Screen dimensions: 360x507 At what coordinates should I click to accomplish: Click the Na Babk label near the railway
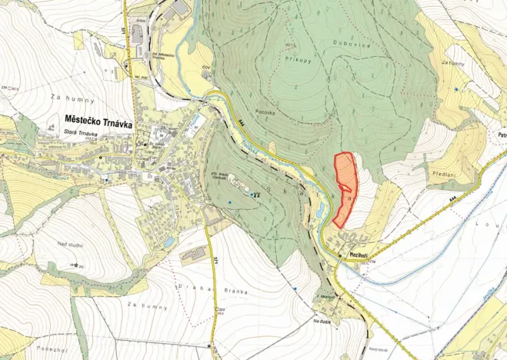point(324,320)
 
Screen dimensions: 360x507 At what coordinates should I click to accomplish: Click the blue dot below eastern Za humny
point(456,89)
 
